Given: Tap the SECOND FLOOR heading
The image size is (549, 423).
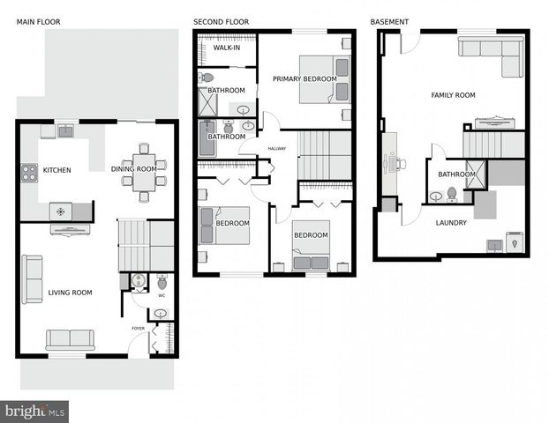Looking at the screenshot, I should [x=221, y=22].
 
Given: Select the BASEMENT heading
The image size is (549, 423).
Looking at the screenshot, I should [x=389, y=22].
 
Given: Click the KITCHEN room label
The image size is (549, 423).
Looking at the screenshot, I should [x=56, y=170].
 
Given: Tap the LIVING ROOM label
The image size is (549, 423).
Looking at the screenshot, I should [x=70, y=293].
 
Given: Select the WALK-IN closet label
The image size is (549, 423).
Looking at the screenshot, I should [x=227, y=48].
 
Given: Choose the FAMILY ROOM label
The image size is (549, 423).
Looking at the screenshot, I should [x=453, y=95].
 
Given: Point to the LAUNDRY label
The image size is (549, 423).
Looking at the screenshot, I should [x=451, y=223].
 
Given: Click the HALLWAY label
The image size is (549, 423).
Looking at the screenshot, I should [x=276, y=149].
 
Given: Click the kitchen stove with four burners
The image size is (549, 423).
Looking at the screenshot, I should [x=29, y=173].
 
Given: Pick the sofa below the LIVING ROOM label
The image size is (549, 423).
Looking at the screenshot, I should [x=70, y=339].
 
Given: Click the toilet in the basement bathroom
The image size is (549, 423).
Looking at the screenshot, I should [x=452, y=194].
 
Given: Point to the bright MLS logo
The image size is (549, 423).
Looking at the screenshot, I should [x=34, y=411].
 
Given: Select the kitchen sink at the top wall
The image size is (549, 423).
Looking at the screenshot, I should [x=65, y=131].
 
